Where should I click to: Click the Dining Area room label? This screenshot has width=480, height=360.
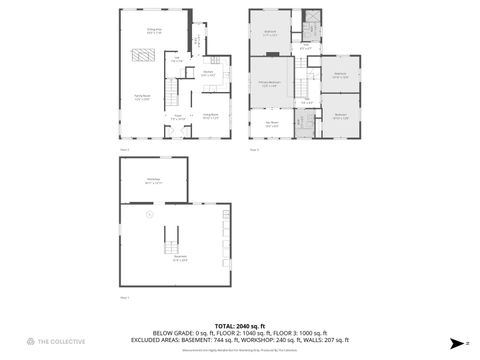point(155,31)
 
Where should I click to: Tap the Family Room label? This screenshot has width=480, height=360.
point(143,98)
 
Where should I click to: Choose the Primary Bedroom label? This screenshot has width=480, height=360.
point(270,84)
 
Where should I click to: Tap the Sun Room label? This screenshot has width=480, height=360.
point(271,125)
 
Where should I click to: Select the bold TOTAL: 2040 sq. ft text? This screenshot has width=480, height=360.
point(240,326)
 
